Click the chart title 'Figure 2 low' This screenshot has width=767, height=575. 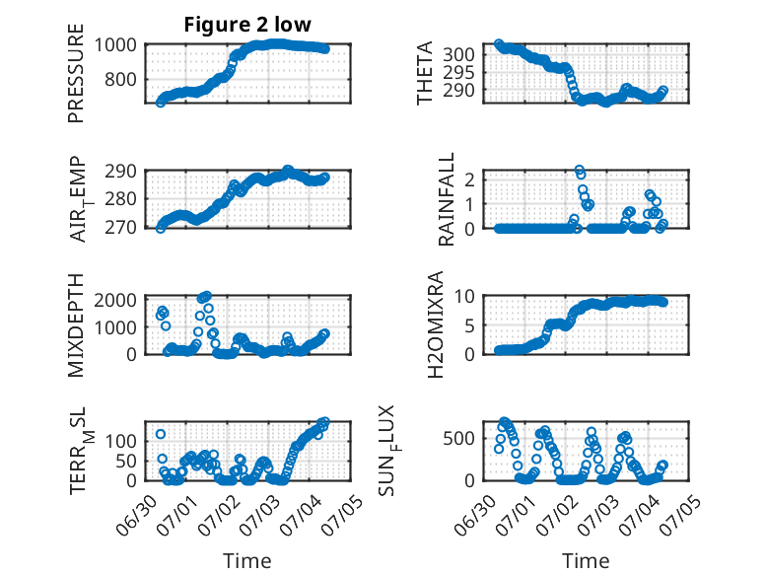click(x=247, y=24)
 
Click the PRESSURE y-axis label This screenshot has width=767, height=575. click(x=76, y=73)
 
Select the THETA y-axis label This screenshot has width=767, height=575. click(x=425, y=73)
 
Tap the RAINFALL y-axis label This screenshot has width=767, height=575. click(x=447, y=198)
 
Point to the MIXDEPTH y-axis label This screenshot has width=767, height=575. click(x=76, y=324)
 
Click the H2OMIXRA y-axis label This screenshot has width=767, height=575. click(x=435, y=324)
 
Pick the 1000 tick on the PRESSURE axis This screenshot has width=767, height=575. click(x=115, y=45)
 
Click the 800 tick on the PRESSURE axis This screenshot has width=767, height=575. click(x=120, y=79)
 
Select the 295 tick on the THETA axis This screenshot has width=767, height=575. click(x=458, y=72)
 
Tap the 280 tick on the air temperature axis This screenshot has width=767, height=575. click(x=120, y=199)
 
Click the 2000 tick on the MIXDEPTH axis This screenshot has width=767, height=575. click(x=115, y=300)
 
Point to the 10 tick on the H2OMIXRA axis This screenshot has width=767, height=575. click(x=464, y=296)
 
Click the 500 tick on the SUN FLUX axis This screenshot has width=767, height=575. click(x=458, y=438)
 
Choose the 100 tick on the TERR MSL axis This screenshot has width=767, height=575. click(x=120, y=442)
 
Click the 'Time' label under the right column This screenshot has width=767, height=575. click(x=586, y=560)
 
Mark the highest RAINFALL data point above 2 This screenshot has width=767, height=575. click(x=579, y=171)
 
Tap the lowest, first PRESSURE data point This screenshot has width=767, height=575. click(x=161, y=102)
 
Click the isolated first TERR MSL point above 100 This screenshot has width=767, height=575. click(x=161, y=434)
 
